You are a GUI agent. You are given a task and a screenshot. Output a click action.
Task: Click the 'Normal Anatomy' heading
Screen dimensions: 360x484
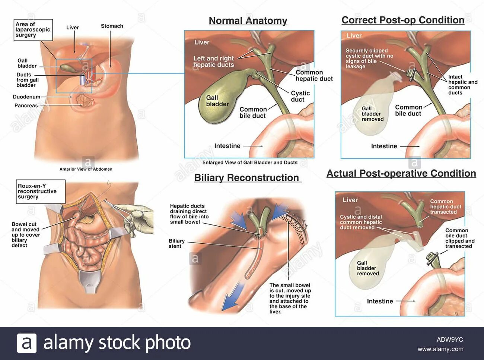[x=248, y=21]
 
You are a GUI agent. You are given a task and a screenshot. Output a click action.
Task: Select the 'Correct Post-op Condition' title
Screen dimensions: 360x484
[x=403, y=20]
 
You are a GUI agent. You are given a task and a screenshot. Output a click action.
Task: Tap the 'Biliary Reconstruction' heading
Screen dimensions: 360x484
[x=246, y=178]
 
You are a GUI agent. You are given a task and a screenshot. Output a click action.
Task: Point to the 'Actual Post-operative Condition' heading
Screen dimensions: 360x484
[x=401, y=173]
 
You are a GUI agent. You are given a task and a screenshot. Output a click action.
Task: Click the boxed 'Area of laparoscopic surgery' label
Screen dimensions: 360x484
[x=33, y=30]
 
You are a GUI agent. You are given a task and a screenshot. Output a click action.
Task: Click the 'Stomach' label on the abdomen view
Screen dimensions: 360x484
[x=112, y=26]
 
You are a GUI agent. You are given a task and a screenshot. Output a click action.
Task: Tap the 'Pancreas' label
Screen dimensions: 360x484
[x=26, y=105]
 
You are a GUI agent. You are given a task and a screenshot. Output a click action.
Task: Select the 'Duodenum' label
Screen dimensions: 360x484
[x=26, y=97]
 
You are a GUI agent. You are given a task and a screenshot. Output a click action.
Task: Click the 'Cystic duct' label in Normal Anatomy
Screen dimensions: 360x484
[x=300, y=96]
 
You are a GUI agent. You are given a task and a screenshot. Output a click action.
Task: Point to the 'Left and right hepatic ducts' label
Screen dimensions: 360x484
[x=213, y=61]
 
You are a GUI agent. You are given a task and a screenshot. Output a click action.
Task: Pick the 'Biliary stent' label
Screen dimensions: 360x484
[x=176, y=243]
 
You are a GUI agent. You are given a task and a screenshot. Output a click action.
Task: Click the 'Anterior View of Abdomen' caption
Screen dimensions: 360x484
[x=86, y=169]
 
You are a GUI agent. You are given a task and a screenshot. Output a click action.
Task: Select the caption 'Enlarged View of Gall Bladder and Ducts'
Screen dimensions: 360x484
[x=250, y=162]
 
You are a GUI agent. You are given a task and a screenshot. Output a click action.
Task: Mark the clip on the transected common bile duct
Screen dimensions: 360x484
[x=432, y=258]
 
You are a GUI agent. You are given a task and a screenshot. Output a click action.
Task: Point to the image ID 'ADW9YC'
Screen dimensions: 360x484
[x=449, y=340]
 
